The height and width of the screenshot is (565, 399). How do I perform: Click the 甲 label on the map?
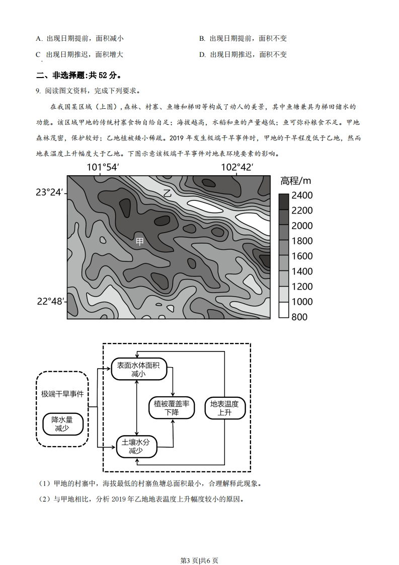coord(140,241)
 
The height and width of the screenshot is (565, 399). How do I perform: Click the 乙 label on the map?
coord(168,193)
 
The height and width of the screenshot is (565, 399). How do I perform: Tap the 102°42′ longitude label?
coord(237,167)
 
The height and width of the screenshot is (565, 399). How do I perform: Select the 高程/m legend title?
coord(296,180)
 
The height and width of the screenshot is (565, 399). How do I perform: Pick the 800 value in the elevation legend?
coord(299,317)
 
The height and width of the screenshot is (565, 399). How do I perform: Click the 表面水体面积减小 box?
coord(138,370)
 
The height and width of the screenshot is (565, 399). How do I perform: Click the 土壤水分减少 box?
coord(136,446)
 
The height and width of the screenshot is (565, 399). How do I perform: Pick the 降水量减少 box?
coord(62,424)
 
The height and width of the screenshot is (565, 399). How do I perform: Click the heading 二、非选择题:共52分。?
coord(78,75)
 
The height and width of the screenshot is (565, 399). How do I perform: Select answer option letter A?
coord(39,38)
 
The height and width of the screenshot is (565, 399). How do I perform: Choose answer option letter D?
coord(202,54)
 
